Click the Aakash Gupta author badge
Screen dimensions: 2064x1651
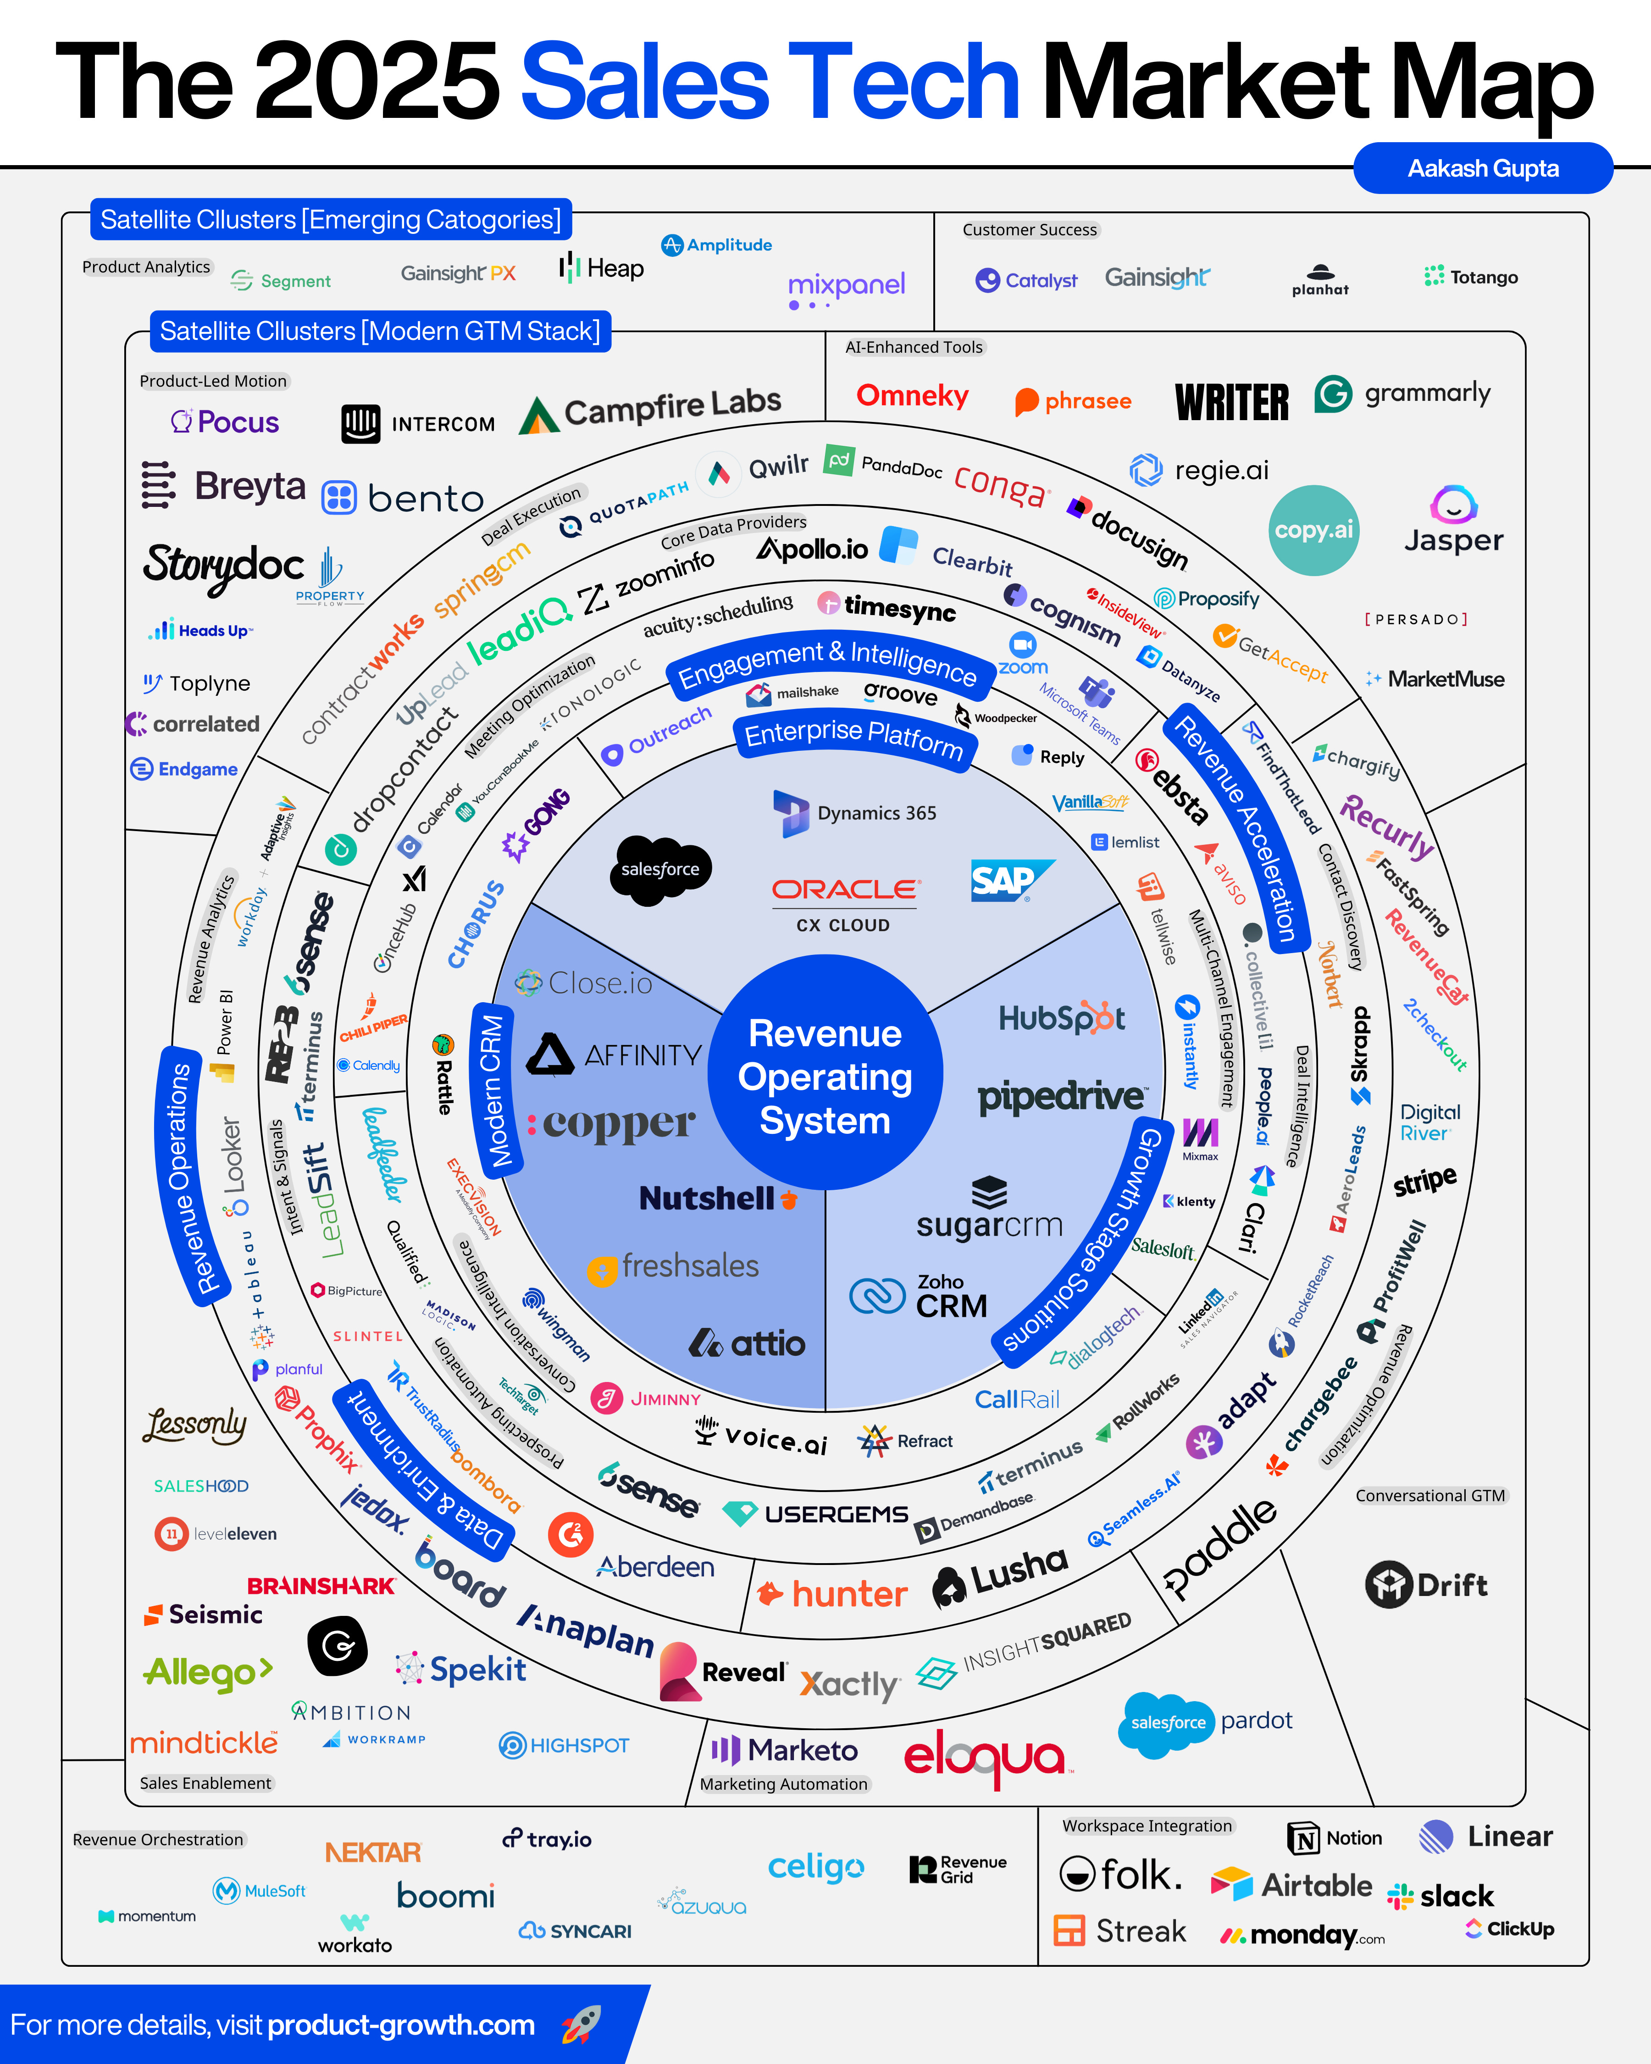coord(1483,168)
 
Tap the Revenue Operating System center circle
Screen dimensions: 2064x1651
coord(825,1076)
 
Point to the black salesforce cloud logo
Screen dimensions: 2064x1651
coord(660,869)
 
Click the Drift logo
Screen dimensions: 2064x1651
coord(1426,1584)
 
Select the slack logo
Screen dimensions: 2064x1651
coord(1441,1896)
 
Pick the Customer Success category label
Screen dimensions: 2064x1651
coord(1030,230)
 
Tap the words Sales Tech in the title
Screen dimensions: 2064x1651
coord(770,83)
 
